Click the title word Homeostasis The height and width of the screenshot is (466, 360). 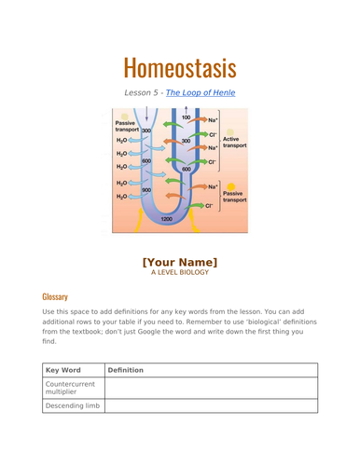pos(180,67)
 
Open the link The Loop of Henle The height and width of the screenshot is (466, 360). pos(201,93)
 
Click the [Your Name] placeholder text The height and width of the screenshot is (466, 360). pos(180,261)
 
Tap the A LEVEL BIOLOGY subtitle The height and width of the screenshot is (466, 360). pos(180,272)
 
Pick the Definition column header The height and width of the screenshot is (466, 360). pos(126,370)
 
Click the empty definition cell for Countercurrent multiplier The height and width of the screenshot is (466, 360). pos(212,388)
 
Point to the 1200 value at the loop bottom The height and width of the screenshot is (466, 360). pos(167,219)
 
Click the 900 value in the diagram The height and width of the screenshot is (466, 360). pos(146,189)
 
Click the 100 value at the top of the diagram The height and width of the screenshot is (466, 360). pos(187,117)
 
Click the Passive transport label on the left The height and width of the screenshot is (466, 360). pos(126,126)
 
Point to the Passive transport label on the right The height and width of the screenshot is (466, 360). pos(234,197)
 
